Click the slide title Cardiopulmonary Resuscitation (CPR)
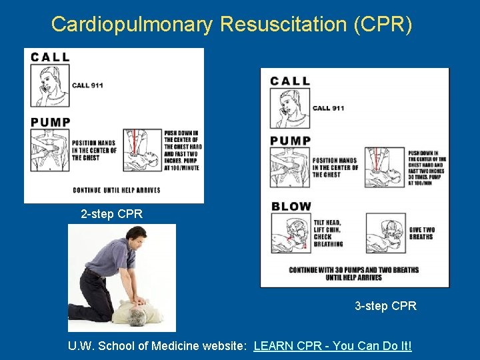[232, 24]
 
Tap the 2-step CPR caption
[111, 215]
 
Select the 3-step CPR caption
[385, 306]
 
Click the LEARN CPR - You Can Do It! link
[333, 346]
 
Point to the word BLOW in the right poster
[291, 207]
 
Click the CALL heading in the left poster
[50, 57]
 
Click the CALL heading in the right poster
[290, 81]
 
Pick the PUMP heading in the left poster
[51, 122]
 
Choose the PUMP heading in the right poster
[291, 141]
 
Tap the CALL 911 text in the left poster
[87, 85]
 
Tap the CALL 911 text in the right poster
[328, 108]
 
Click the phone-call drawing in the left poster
[49, 86]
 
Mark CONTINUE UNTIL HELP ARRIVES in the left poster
[117, 190]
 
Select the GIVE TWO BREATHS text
[421, 233]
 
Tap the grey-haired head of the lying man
[137, 314]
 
